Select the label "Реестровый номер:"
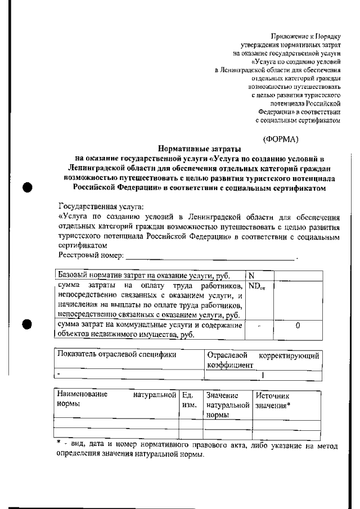click(91, 256)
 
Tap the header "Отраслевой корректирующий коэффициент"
click(263, 360)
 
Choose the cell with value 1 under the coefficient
click(263, 374)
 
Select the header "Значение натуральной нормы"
click(227, 405)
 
